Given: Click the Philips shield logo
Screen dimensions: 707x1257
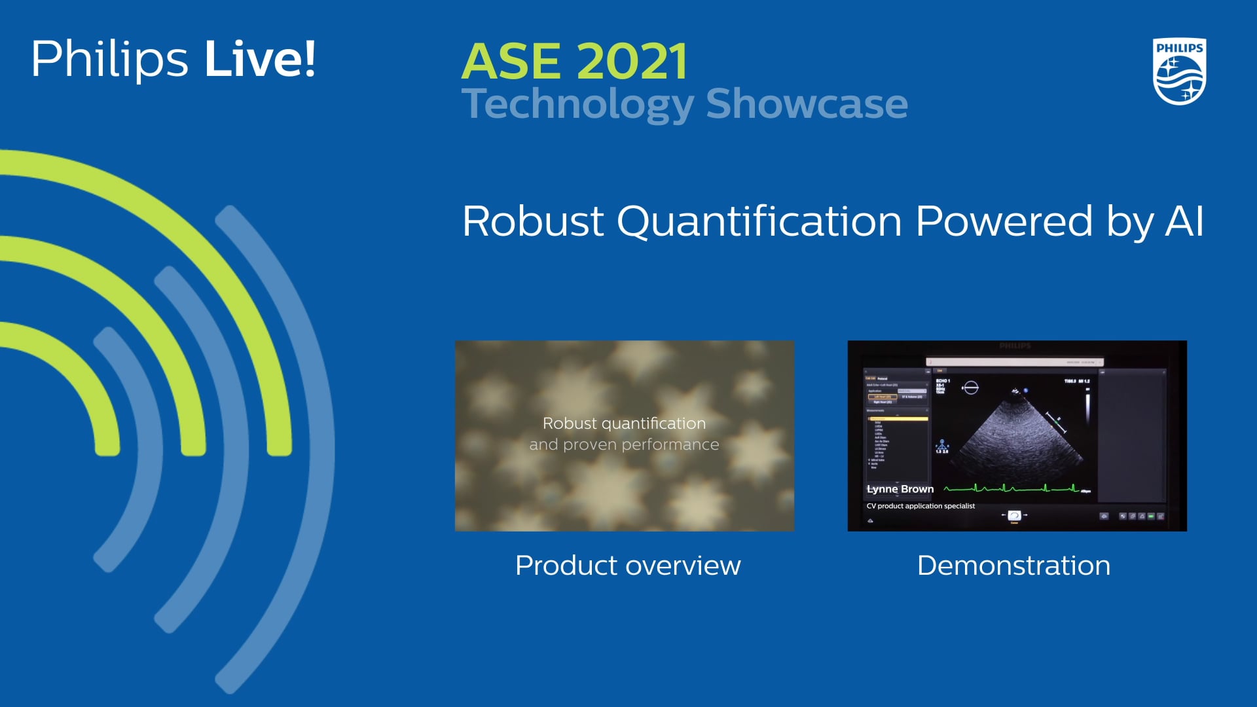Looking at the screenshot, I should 1179,71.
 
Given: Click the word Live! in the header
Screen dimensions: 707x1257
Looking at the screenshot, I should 260,60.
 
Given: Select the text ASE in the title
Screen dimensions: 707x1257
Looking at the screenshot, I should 511,62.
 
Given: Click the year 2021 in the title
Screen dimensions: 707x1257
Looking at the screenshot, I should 632,62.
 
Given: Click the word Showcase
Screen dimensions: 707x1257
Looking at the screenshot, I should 807,103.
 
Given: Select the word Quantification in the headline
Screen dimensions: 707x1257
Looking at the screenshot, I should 759,222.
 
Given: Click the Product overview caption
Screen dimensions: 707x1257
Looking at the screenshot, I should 627,566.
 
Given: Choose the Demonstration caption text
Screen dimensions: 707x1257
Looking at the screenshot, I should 1013,566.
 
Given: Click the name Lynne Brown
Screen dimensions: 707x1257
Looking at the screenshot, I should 900,489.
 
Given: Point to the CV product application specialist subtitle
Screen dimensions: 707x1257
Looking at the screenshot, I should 920,506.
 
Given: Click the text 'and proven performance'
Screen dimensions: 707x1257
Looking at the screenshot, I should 624,444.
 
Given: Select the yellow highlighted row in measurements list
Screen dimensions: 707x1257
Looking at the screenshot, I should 898,418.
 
